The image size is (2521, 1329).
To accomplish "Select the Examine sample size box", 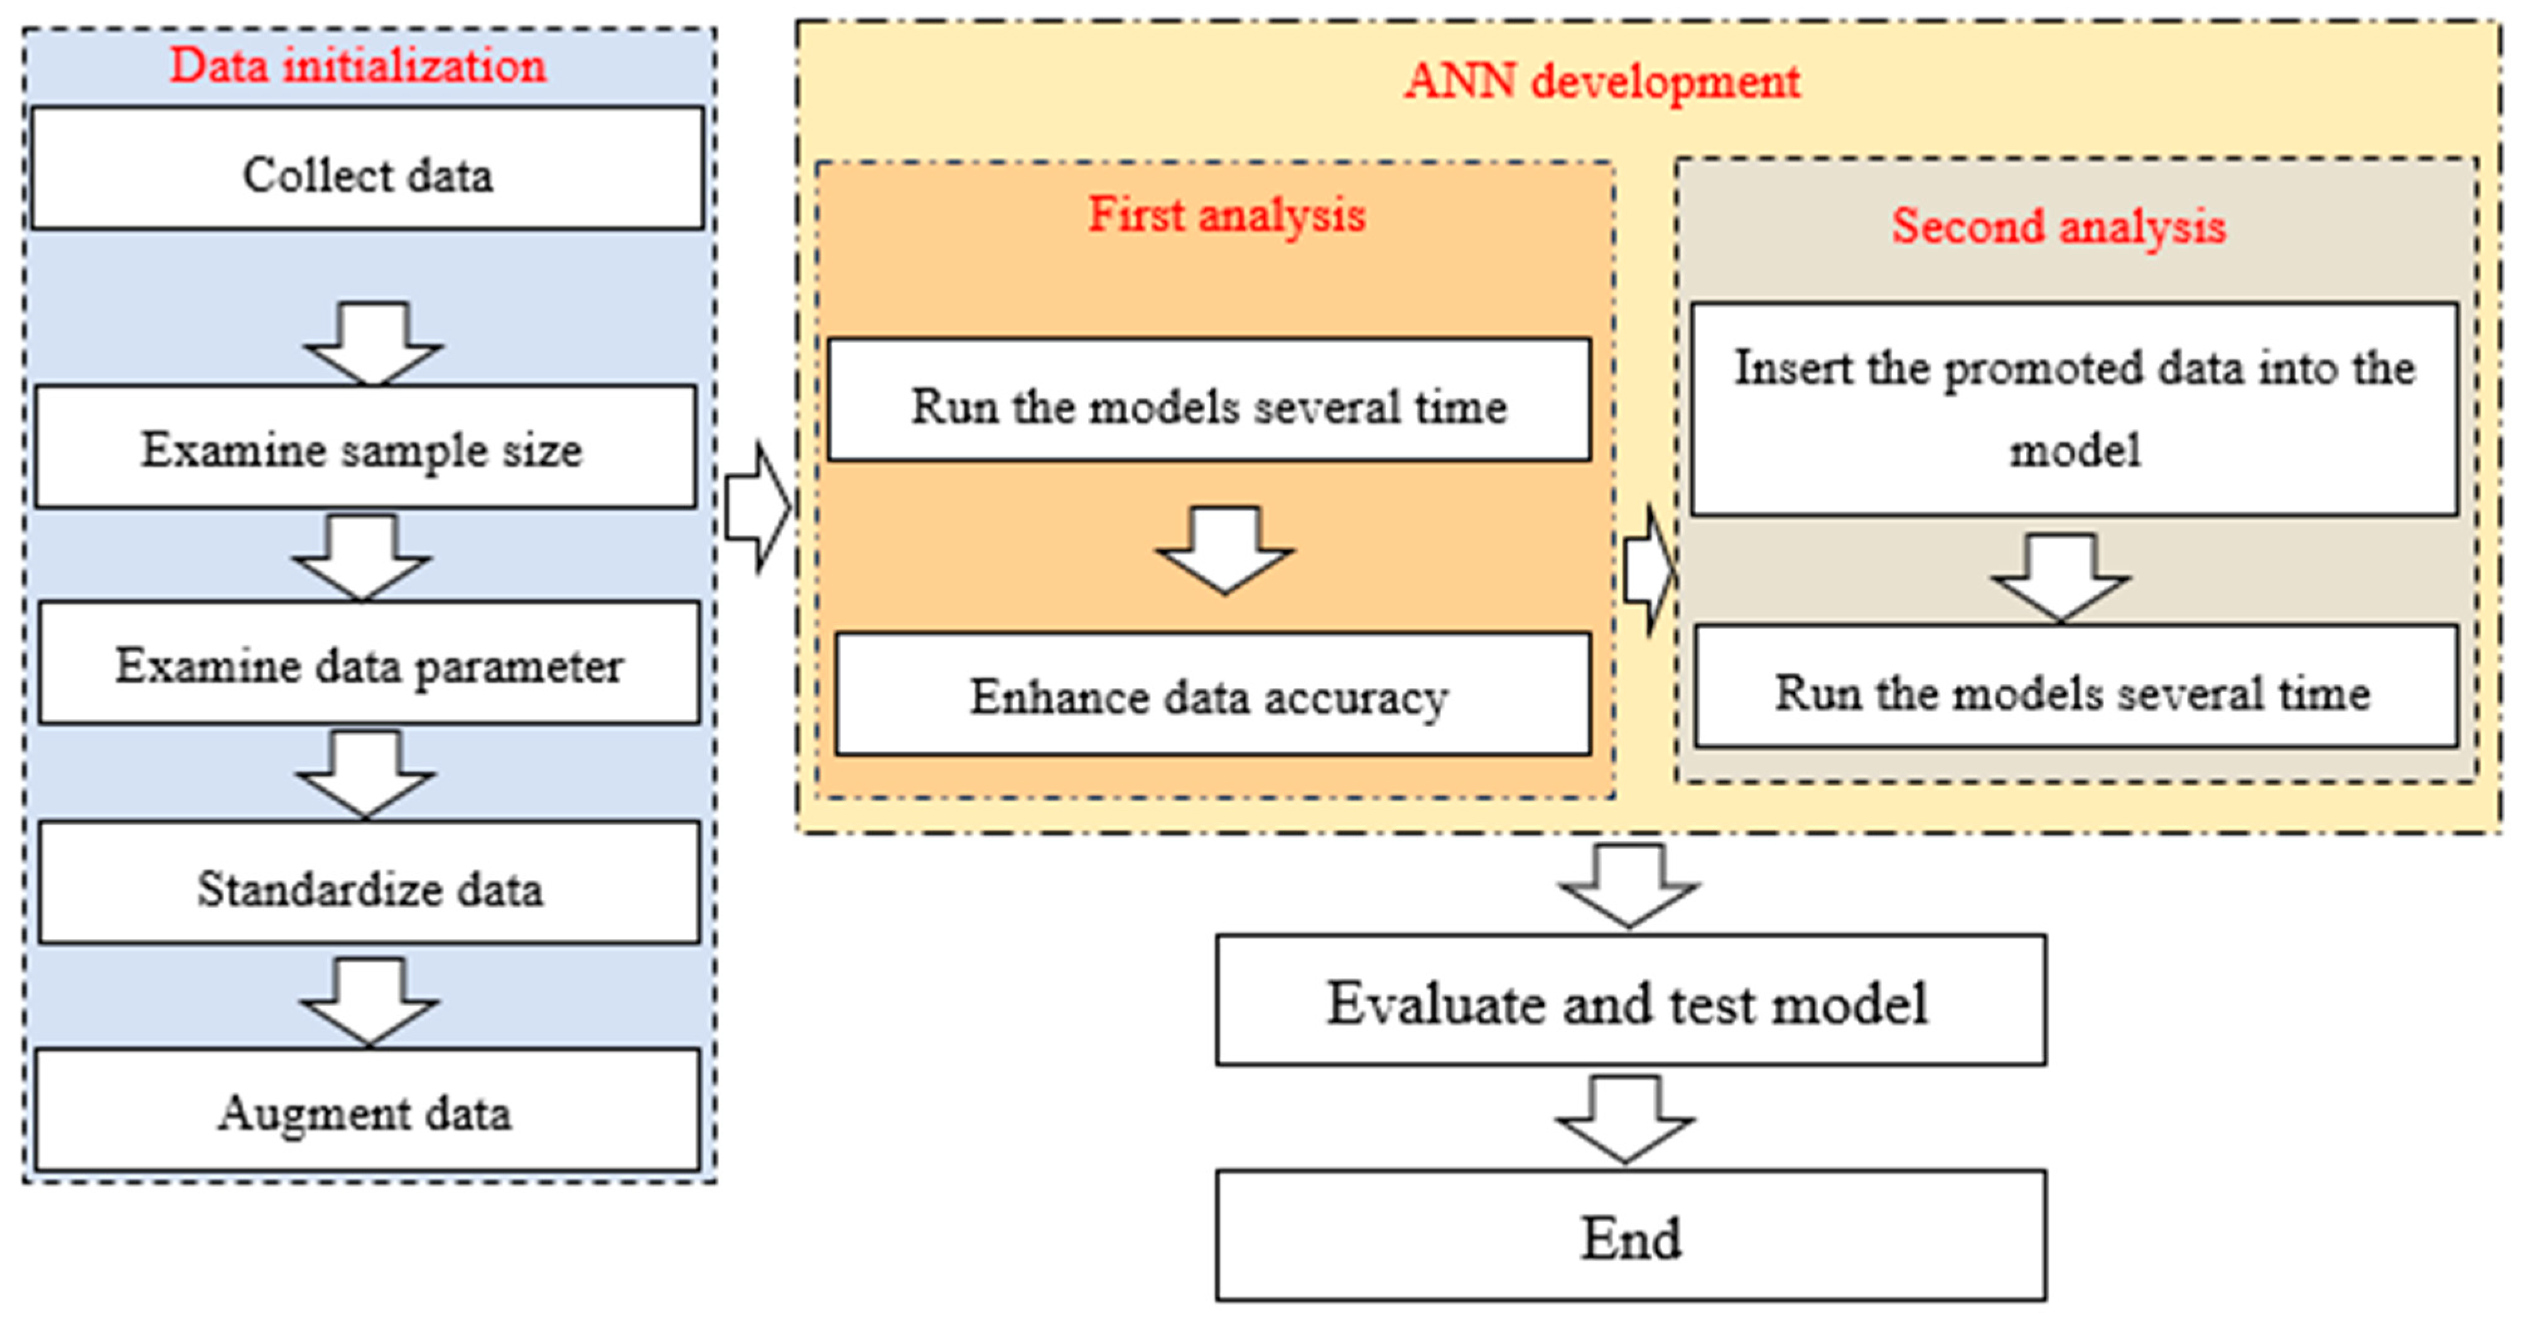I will coord(365,447).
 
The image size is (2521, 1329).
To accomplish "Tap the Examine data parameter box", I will coord(369,664).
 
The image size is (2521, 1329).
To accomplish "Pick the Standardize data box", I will coord(369,884).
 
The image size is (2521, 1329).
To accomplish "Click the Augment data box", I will coord(367,1111).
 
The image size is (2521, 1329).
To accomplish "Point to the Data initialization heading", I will coord(358,65).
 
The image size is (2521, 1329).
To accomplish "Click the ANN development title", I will coord(1602,80).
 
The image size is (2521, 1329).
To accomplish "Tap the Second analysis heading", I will coord(2058,226).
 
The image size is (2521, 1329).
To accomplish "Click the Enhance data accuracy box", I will coord(1212,695).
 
